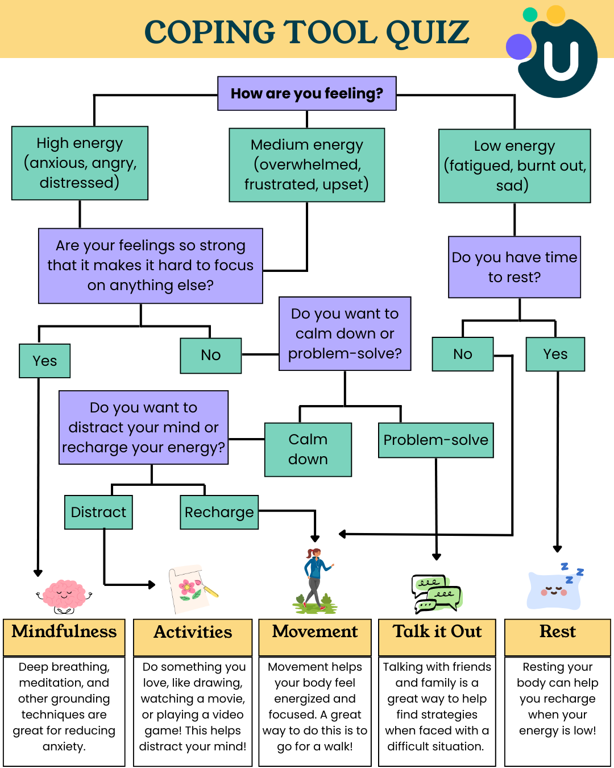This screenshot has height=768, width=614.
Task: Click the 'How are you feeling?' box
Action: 307,93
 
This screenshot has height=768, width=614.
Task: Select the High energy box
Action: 80,163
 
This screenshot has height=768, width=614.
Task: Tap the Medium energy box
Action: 307,164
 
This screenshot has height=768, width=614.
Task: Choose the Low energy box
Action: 515,166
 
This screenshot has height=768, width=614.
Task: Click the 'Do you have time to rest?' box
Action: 515,267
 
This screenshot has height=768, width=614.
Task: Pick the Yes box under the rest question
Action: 555,354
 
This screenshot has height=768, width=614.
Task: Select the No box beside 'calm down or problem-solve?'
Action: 211,355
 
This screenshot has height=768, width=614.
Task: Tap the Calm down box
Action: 308,449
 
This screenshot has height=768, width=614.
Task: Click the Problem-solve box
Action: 435,440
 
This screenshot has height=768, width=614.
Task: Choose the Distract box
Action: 98,512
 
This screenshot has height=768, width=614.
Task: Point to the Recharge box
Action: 219,512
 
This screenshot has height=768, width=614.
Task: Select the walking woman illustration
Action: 315,580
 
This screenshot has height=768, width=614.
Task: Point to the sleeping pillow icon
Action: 555,589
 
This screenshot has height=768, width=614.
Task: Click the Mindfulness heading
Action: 64,631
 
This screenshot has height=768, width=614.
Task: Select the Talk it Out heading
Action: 437,631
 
